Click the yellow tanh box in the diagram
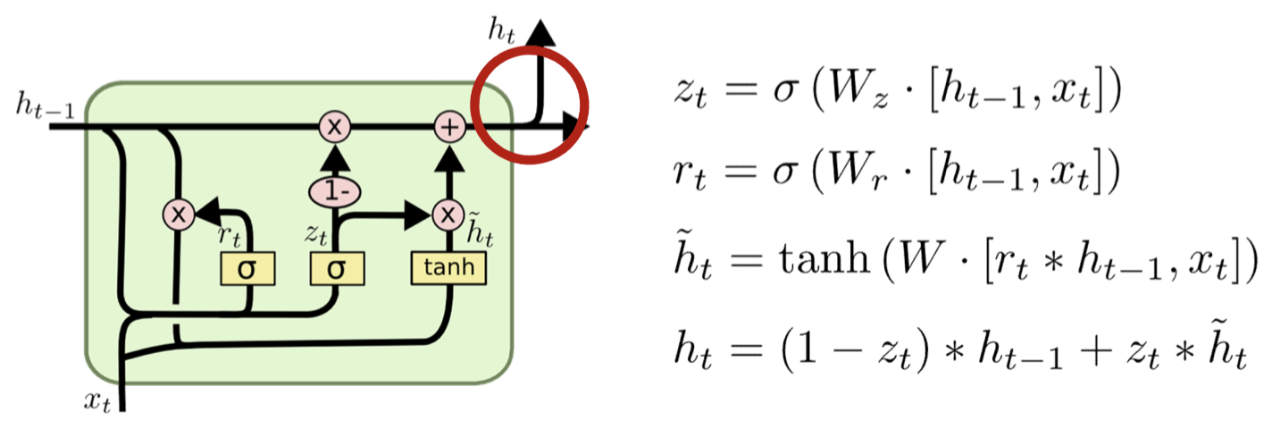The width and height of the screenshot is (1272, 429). click(448, 267)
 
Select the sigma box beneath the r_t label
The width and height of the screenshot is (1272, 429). click(247, 268)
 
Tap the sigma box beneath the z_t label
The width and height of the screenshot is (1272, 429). click(336, 268)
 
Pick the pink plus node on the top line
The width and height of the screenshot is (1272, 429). click(449, 128)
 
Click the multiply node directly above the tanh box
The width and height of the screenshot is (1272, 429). click(446, 214)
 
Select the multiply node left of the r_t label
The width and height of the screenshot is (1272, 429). click(179, 214)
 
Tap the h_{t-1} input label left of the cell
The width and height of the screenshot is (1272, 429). click(45, 106)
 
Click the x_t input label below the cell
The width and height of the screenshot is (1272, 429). click(98, 401)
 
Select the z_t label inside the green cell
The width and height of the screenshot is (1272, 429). click(315, 234)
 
